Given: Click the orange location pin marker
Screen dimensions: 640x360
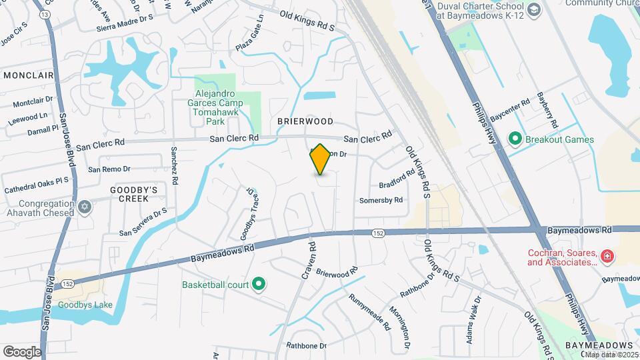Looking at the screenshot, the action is tap(321, 159).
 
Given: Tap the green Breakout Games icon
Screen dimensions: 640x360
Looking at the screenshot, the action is tap(515, 139).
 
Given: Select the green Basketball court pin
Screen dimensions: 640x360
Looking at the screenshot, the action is tap(259, 285).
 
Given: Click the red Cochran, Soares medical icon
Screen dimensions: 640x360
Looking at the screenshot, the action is tap(607, 256).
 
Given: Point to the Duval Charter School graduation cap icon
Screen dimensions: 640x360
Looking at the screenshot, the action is tap(533, 10).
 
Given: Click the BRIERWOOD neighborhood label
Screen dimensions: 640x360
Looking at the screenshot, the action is tap(305, 121).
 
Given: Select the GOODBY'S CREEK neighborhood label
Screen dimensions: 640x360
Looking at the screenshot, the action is tap(133, 194).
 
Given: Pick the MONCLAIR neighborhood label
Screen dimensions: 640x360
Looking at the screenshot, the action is tap(28, 75).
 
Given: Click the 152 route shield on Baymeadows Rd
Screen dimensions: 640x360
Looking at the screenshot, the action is tap(378, 233).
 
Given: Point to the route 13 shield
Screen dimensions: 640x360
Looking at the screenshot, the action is tap(45, 14).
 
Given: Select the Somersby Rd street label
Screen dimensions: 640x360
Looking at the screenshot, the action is tap(381, 200).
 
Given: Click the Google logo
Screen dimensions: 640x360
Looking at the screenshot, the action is tap(22, 351).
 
